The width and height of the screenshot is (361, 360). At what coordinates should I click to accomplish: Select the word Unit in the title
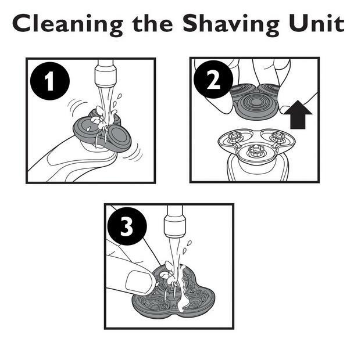(x=317, y=23)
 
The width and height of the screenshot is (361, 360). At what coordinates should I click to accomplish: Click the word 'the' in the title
(x=153, y=23)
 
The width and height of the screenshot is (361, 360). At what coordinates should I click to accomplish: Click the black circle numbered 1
(x=50, y=81)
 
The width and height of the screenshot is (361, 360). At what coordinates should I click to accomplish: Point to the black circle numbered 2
(x=213, y=80)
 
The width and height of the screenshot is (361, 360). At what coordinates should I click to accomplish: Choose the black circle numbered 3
(x=127, y=226)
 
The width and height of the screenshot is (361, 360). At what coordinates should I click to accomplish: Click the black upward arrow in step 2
(x=298, y=114)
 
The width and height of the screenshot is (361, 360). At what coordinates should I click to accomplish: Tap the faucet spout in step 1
(x=105, y=74)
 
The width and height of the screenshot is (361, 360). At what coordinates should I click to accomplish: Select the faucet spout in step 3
(x=175, y=221)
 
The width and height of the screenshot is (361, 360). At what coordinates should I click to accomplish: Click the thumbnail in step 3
(x=139, y=282)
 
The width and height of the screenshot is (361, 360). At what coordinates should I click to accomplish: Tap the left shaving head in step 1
(x=87, y=128)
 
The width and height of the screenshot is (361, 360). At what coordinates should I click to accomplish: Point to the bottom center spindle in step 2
(x=256, y=150)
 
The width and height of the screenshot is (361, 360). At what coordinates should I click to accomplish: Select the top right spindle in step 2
(x=278, y=137)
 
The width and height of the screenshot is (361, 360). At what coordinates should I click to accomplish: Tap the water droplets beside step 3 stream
(x=187, y=247)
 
